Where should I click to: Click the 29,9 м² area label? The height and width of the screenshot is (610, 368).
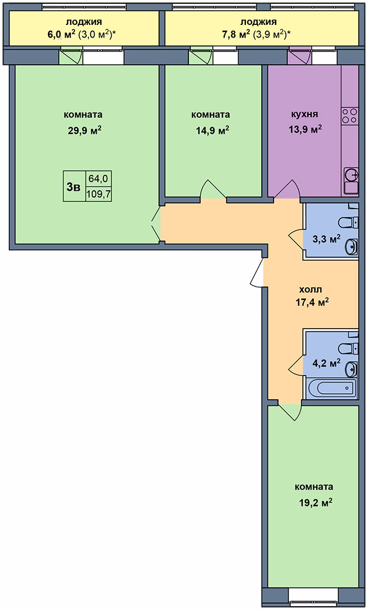(85, 130)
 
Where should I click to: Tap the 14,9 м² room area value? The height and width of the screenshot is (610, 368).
(212, 130)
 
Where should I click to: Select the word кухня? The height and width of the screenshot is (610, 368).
(304, 114)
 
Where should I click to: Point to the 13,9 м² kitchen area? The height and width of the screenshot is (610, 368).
(304, 129)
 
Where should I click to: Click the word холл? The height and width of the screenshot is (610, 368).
(311, 289)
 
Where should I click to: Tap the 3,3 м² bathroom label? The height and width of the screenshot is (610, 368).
(327, 238)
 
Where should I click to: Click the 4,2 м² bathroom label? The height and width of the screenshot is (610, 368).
(327, 363)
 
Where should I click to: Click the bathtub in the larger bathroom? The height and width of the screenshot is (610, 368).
(330, 388)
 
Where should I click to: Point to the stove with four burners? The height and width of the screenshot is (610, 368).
(350, 116)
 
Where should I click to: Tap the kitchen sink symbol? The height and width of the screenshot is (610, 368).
(350, 175)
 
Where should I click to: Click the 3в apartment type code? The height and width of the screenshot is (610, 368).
(73, 187)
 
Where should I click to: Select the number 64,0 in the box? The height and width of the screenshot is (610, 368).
(98, 179)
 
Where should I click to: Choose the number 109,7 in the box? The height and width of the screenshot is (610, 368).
(98, 194)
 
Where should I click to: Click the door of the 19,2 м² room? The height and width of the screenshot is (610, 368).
(291, 411)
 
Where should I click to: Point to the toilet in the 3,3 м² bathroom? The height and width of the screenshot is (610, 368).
(348, 222)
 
